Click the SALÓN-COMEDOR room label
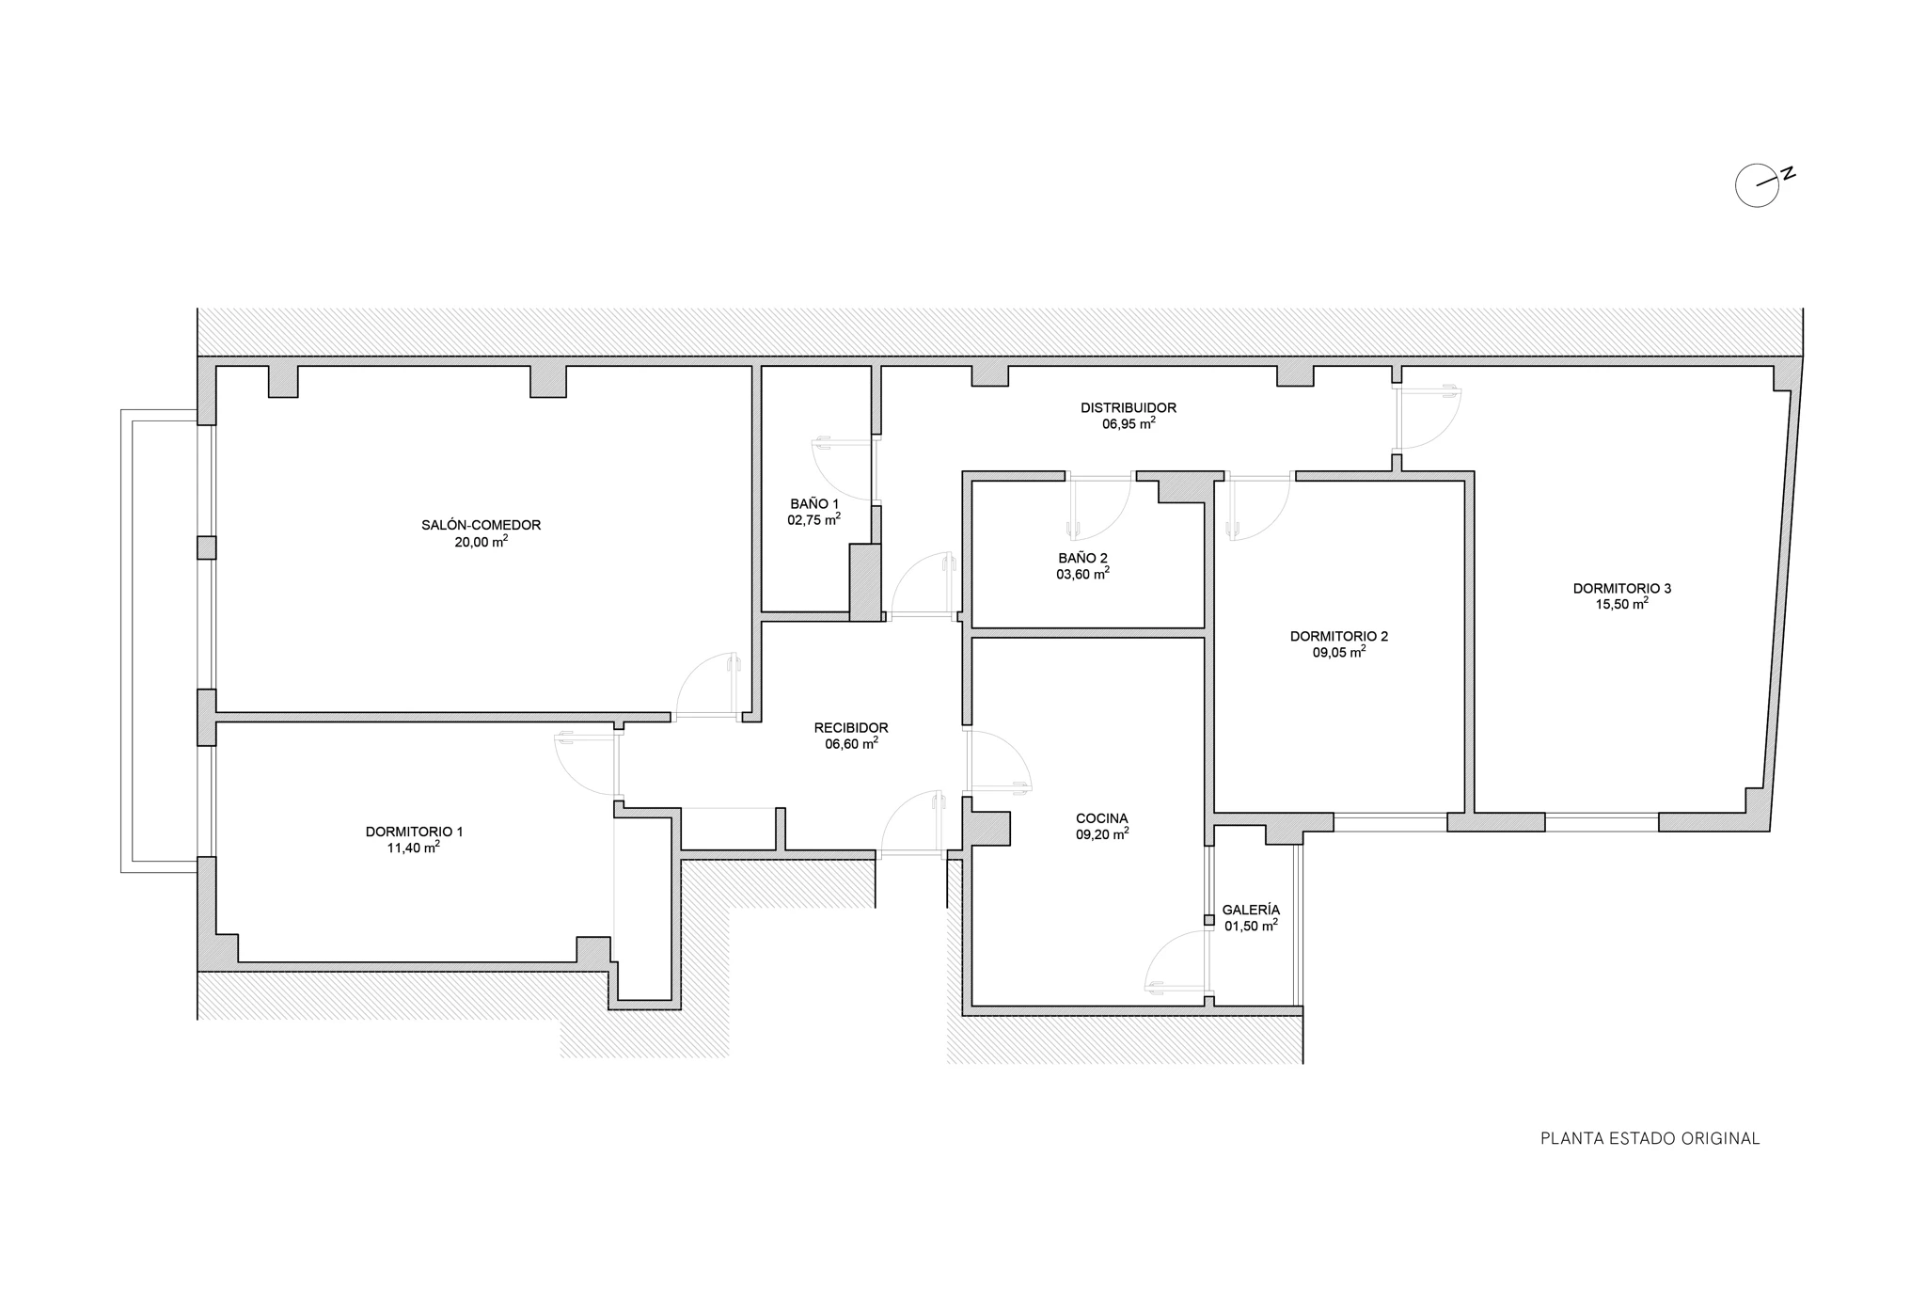[481, 525]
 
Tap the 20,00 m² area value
[481, 541]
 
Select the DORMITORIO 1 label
[414, 832]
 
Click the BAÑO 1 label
[814, 504]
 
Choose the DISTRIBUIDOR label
[1129, 408]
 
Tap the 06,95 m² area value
[1129, 424]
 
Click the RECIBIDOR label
[851, 728]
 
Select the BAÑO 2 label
[1082, 558]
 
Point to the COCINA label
[1102, 818]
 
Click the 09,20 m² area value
[1102, 833]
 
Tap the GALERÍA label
[1251, 911]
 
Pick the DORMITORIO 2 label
[1339, 636]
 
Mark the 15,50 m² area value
[1622, 604]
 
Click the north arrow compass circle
[1757, 185]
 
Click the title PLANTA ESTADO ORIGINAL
[1650, 1138]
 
